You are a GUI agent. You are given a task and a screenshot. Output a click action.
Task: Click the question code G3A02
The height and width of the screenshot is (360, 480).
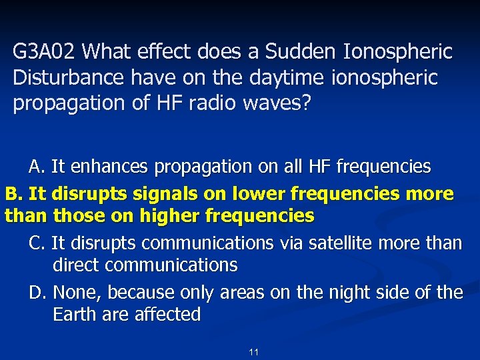tap(45, 51)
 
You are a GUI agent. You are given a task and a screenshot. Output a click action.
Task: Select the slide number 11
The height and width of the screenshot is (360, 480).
tap(253, 351)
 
